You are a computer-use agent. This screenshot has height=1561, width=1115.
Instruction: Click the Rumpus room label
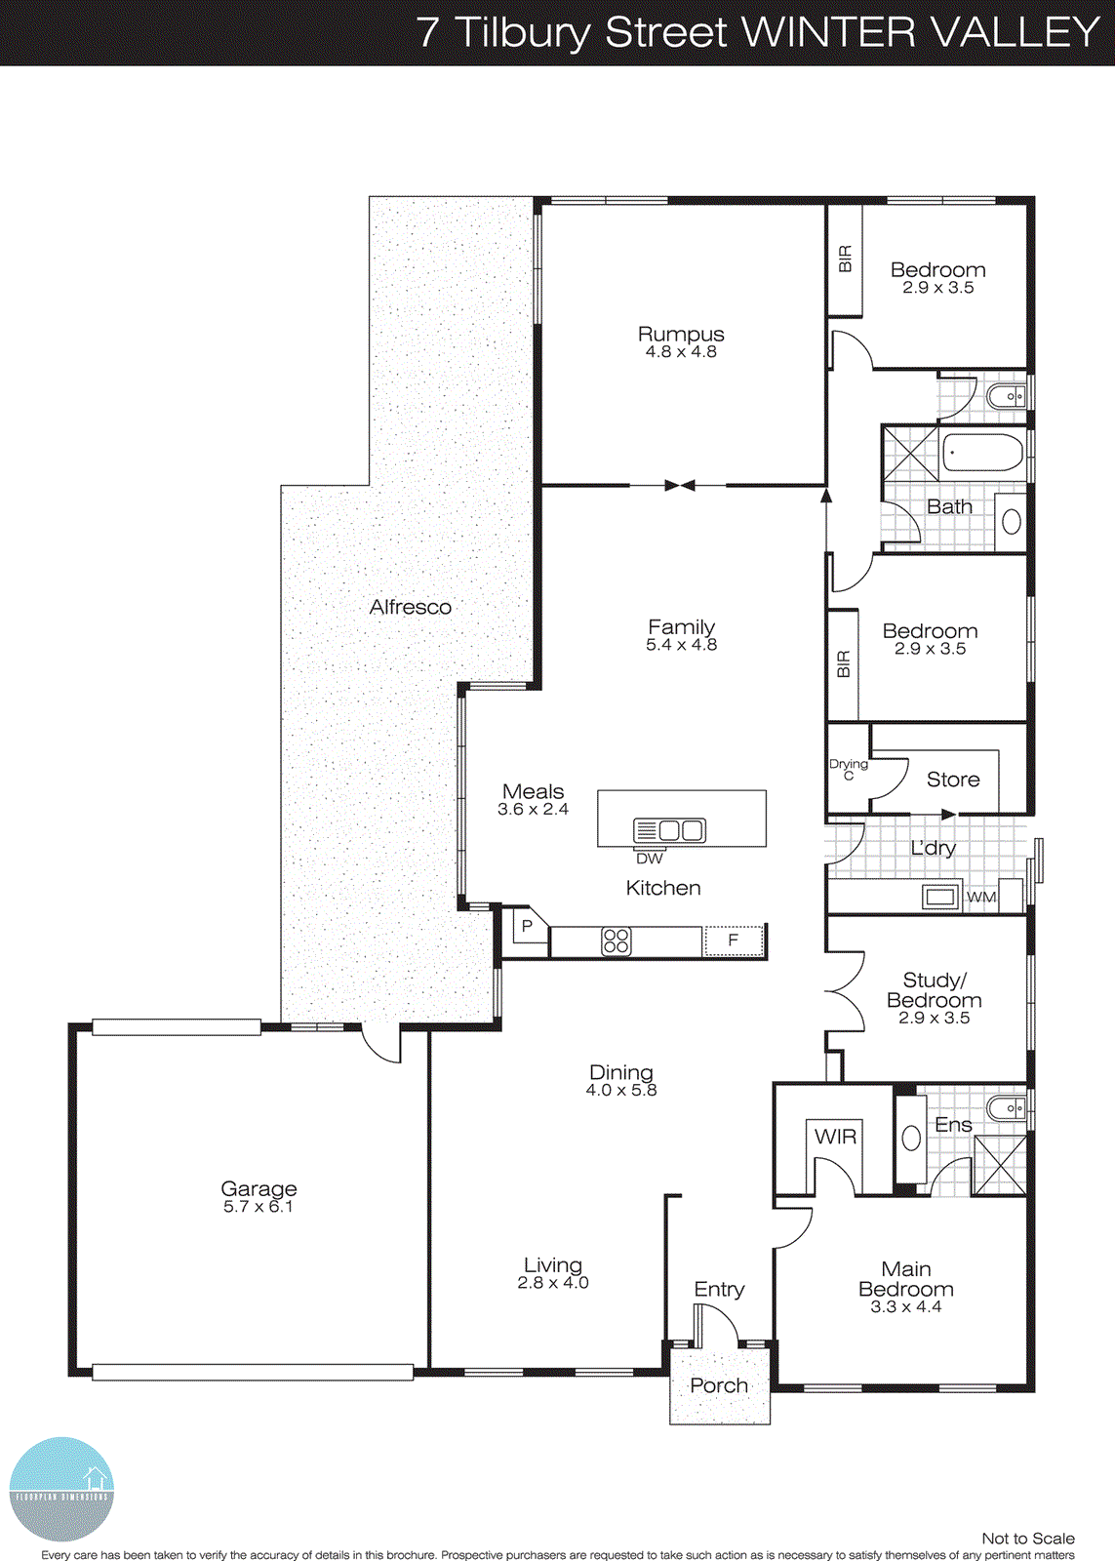681,335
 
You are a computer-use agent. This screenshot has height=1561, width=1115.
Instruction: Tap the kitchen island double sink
669,830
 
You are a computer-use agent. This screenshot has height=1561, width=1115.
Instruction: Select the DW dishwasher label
649,859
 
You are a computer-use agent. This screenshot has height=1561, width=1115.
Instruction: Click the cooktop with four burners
617,941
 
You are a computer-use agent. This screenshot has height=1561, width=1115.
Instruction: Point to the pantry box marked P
527,926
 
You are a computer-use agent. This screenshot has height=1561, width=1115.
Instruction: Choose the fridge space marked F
733,941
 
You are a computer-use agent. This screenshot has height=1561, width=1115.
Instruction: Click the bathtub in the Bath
982,454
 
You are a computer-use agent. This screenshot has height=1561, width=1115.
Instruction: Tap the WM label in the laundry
981,897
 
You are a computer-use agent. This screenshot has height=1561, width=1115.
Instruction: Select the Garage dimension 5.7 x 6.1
259,1207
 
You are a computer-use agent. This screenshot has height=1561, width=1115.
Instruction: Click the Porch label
719,1385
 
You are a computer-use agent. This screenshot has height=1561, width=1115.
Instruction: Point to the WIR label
835,1137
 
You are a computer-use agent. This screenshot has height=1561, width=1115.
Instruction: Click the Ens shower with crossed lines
1000,1165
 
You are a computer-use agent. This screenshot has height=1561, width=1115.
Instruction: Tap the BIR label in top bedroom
845,260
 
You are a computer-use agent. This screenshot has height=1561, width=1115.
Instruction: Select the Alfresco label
410,607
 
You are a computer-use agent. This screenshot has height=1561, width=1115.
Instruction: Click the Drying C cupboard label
848,769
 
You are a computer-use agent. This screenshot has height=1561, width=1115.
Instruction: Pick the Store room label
953,780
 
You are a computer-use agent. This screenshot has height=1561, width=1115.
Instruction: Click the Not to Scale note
1027,1539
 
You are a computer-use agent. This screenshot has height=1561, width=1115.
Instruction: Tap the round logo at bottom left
61,1490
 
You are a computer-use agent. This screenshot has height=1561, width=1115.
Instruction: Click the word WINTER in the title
828,32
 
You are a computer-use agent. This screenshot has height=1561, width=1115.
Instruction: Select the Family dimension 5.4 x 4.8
681,645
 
